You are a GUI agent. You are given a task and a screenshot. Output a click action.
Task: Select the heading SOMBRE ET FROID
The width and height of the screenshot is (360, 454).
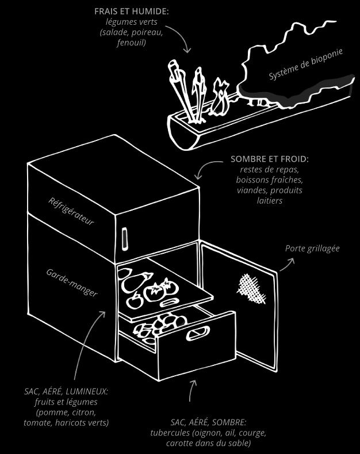coord(269,159)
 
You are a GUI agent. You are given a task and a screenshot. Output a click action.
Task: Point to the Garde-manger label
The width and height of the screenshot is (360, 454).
coord(72,282)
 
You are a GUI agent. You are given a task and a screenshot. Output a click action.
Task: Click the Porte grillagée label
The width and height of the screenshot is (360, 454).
coord(312,249)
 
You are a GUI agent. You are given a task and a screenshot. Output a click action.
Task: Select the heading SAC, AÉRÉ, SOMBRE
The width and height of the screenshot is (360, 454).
coord(208,422)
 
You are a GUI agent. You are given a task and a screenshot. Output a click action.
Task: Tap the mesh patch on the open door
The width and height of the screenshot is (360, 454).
coord(251,288)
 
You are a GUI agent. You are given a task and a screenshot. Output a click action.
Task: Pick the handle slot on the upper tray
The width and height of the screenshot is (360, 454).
coord(170,303)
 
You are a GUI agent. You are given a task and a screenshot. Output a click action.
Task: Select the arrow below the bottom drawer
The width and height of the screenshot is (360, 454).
coord(190,390)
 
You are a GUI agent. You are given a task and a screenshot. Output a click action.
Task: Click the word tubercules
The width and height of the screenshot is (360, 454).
coord(171,433)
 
